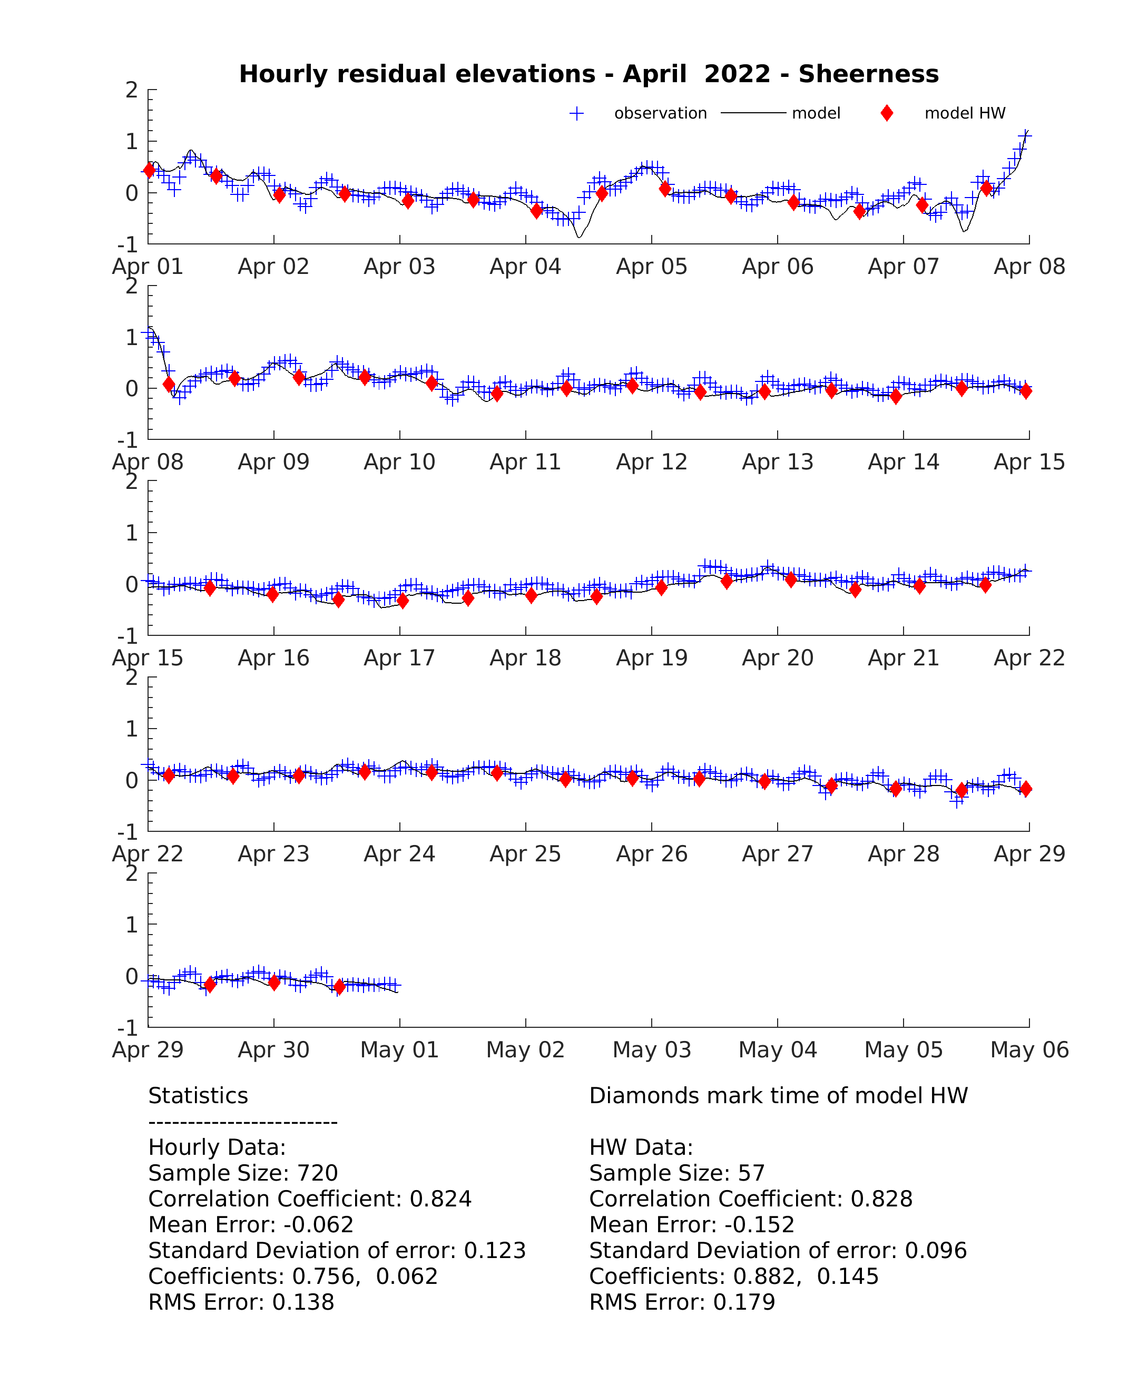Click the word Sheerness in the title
coord(868,74)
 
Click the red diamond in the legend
coord(887,113)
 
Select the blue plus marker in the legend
coord(576,113)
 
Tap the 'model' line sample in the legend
coord(753,113)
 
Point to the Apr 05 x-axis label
coord(652,267)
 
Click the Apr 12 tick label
coord(652,462)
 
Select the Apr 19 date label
coord(652,658)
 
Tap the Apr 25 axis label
coord(525,854)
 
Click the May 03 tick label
coord(652,1049)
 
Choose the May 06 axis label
coord(1029,1049)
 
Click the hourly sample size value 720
coord(318,1173)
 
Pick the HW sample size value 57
coord(751,1173)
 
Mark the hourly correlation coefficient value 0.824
coord(440,1199)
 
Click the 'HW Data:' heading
coord(641,1147)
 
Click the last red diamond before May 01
coord(339,986)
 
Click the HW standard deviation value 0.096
coord(936,1251)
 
